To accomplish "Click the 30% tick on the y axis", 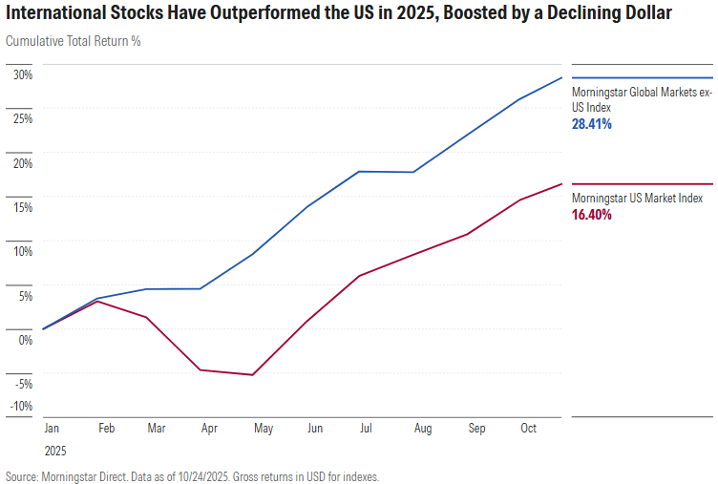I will pos(22,74).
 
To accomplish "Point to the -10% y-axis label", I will pos(20,406).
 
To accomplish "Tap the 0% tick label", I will pos(25,340).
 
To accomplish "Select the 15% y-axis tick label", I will pos(22,207).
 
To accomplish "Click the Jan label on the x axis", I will pos(52,430).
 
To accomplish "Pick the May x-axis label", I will pos(264,430).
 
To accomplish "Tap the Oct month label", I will pos(528,430).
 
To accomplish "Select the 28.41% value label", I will pos(592,124).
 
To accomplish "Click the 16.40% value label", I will pos(592,216).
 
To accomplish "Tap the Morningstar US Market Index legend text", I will pos(637,199).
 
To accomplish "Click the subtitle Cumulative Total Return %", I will pos(74,42).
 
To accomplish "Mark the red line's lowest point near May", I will pos(252,375).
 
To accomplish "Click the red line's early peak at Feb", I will pos(96,302).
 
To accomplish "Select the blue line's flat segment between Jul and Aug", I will pos(385,172).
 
